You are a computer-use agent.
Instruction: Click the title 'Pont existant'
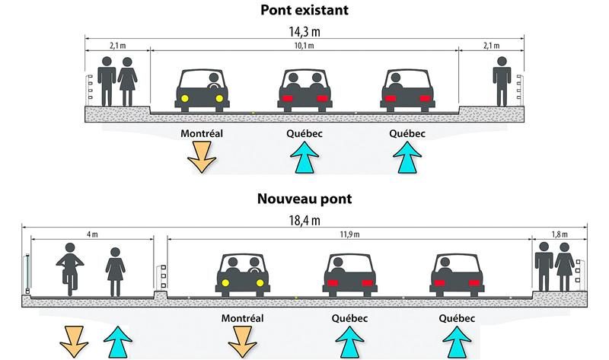(x=304, y=11)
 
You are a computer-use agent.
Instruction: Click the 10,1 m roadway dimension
(x=304, y=46)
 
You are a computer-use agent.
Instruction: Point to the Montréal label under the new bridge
(x=241, y=317)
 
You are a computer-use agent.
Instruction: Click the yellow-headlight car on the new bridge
(x=244, y=276)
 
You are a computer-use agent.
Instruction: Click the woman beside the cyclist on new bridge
(x=115, y=271)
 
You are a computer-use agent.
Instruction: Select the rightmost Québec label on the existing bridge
(x=407, y=133)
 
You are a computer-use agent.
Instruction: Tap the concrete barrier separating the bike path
(x=161, y=295)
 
